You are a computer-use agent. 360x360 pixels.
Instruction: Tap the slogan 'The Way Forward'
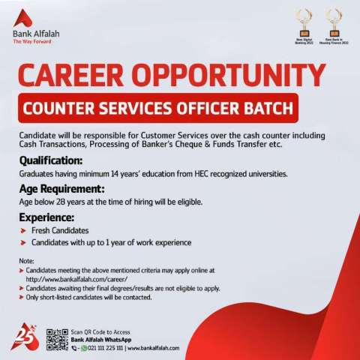pos(31,41)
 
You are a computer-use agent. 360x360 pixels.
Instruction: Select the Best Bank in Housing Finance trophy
pos(331,22)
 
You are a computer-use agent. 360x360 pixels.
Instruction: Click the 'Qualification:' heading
pos(51,160)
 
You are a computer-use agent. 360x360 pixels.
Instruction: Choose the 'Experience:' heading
pos(46,216)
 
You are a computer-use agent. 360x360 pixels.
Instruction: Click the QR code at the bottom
pos(56,340)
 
